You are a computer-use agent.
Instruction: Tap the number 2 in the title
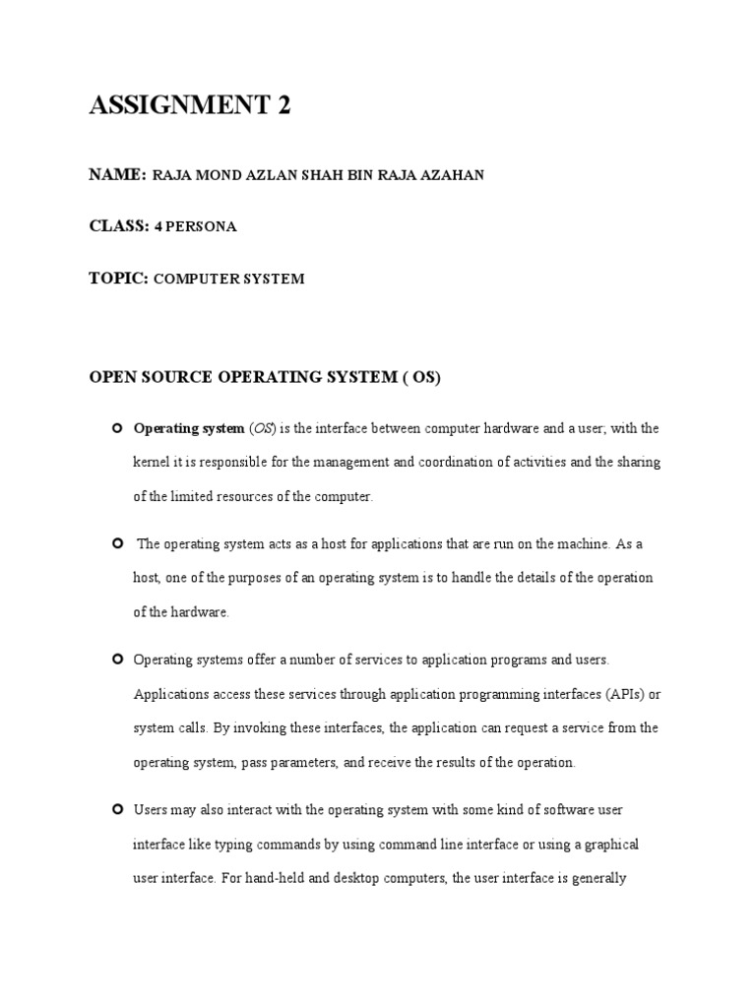point(283,106)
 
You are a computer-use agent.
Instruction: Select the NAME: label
point(118,175)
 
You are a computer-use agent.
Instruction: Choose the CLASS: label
point(119,226)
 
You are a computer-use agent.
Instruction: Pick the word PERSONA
point(202,227)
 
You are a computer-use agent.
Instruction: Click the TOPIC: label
point(119,279)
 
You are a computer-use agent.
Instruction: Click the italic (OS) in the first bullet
point(264,428)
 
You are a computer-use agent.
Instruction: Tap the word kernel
point(152,463)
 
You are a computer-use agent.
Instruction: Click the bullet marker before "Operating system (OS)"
point(117,427)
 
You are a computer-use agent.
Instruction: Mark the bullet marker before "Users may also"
point(117,809)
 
